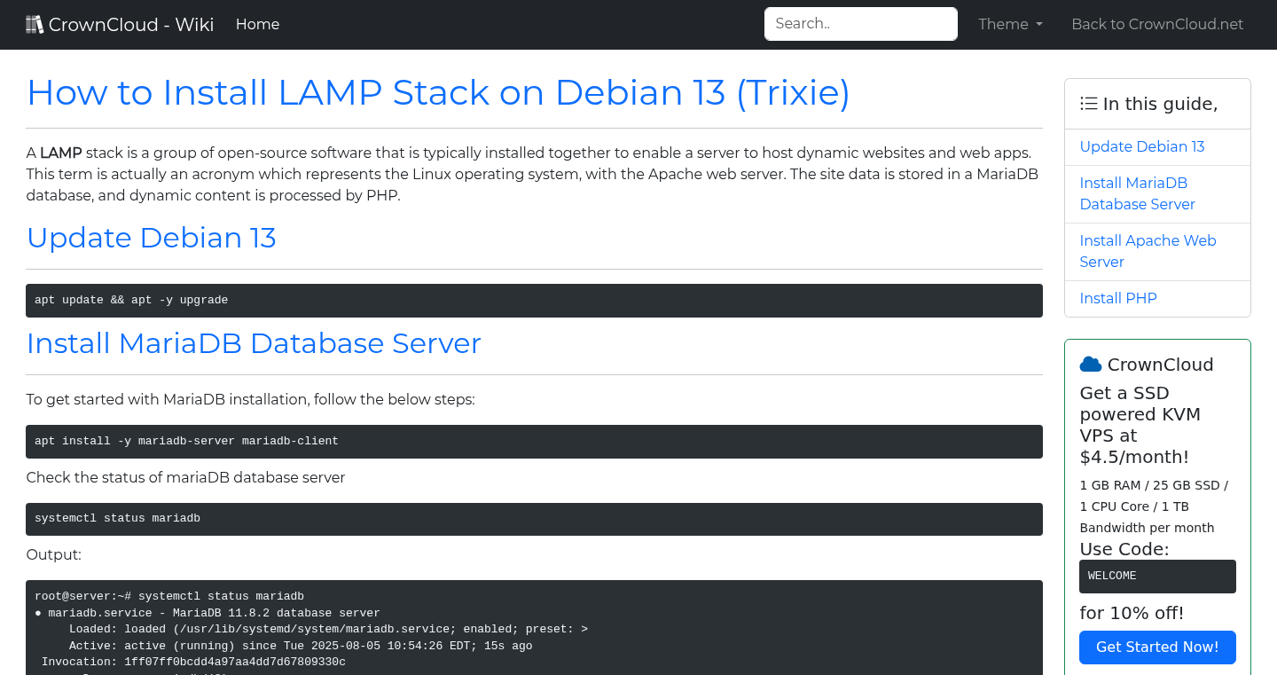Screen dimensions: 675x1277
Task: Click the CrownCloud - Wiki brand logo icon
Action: [35, 24]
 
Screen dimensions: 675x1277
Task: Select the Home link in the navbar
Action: [257, 24]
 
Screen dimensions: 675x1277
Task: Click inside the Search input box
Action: [860, 24]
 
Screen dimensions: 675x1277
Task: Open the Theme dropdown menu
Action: [1010, 24]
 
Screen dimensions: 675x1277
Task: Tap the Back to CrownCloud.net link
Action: [1157, 24]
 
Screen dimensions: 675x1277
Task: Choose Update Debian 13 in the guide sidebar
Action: [1141, 146]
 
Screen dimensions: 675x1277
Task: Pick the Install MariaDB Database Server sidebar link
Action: [1137, 193]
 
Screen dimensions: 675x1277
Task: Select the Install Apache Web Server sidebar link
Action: [1147, 251]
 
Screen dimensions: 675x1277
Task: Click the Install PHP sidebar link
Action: [1117, 298]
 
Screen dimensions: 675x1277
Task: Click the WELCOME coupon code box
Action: [1156, 576]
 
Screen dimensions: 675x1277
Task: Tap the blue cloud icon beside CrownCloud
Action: [1090, 364]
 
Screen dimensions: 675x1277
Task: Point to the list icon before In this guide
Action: [1088, 104]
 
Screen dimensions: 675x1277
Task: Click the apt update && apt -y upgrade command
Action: [131, 300]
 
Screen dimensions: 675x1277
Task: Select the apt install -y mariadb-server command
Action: [186, 441]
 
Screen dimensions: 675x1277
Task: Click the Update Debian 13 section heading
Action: [151, 238]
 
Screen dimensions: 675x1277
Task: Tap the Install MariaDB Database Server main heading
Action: [254, 343]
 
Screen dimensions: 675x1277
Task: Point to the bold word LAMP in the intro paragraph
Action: [60, 153]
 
